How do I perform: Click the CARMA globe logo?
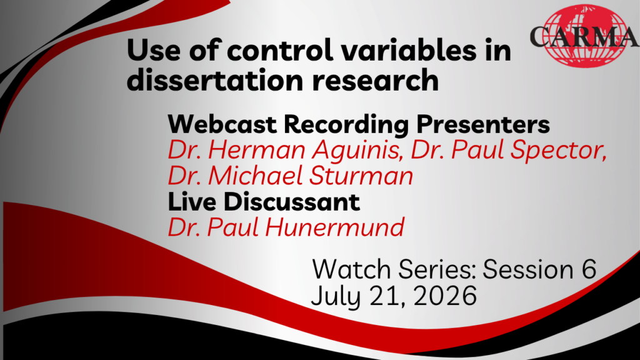584,36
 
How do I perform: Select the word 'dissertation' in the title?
215,80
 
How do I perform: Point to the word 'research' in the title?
376,80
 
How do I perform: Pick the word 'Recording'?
346,125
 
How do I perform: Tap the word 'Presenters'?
483,124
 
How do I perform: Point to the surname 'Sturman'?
361,176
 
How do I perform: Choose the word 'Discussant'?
292,202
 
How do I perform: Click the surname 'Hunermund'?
335,227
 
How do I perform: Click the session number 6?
587,269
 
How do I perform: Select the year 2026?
445,296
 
